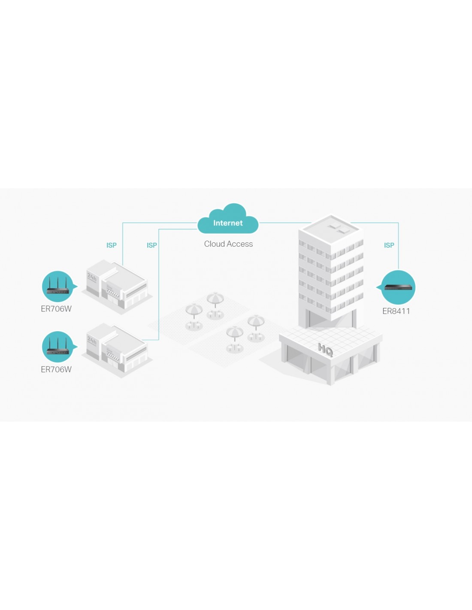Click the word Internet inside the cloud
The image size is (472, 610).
[228, 223]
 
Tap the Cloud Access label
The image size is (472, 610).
[228, 244]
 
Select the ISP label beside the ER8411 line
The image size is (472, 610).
[389, 245]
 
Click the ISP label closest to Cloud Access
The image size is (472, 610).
[151, 245]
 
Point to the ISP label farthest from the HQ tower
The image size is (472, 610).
[111, 245]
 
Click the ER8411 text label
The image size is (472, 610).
[396, 311]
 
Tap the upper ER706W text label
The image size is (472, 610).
[56, 309]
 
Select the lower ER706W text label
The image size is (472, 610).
[56, 369]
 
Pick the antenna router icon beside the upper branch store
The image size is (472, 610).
[57, 286]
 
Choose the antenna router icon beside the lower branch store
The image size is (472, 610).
[57, 347]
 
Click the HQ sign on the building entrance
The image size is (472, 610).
[325, 350]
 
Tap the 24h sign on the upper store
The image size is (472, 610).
[92, 278]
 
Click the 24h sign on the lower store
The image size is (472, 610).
[92, 341]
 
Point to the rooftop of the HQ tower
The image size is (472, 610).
[331, 230]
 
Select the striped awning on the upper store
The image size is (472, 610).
[113, 292]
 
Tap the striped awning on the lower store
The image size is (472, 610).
[113, 355]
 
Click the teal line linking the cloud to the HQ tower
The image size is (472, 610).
[285, 223]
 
